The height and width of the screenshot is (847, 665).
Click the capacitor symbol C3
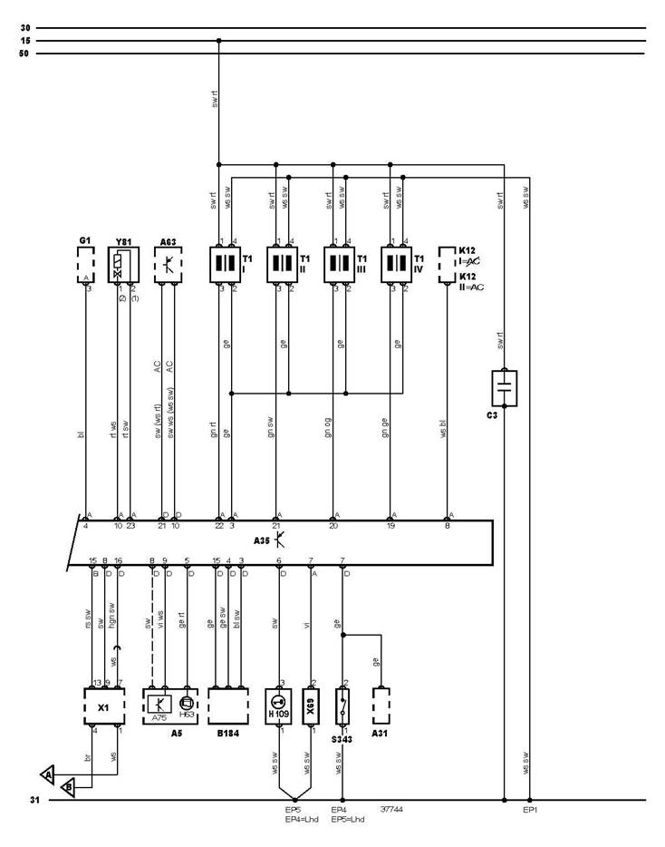504,387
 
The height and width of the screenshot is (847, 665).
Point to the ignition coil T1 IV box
395,265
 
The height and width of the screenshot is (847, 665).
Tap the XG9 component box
311,705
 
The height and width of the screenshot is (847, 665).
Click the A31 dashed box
381,705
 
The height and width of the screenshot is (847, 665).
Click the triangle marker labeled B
68,788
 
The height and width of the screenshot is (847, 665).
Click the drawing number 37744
392,810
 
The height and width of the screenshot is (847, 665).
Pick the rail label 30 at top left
24,28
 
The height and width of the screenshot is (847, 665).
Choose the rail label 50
24,54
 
